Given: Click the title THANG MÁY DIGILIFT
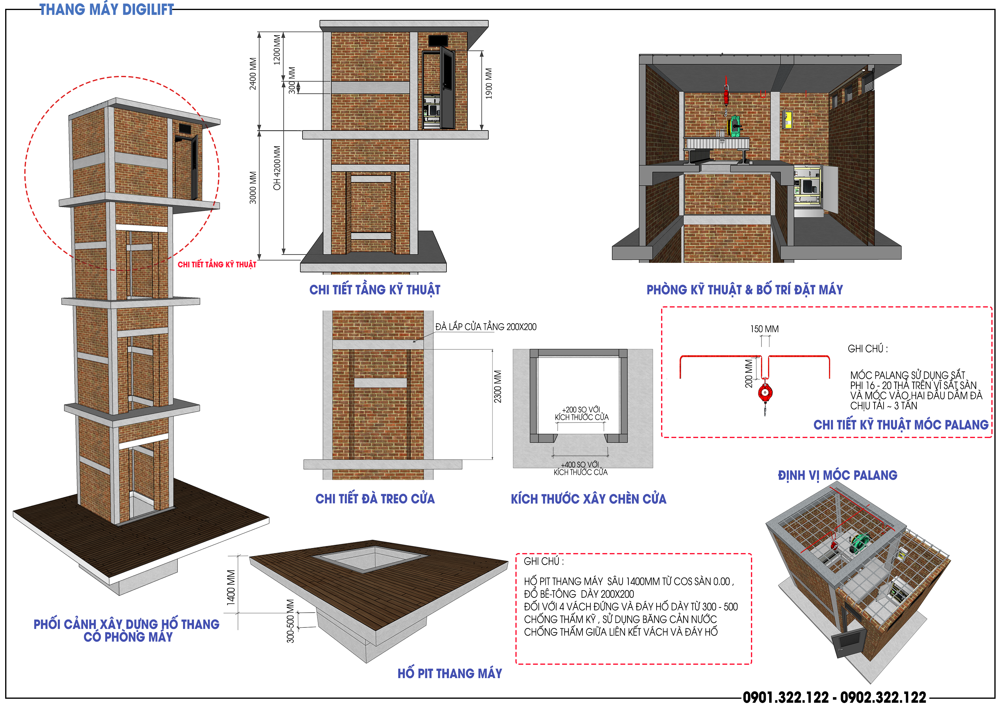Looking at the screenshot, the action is (107, 10).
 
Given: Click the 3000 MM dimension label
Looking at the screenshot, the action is (253, 187).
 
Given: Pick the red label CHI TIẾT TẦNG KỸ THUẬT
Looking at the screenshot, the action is (217, 264).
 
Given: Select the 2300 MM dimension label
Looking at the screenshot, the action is (498, 386).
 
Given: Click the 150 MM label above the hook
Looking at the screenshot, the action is (764, 329).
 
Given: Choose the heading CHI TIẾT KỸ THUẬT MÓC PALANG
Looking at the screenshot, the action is (901, 425).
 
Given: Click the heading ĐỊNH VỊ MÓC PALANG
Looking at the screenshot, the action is (837, 475).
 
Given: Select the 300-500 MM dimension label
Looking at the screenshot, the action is (290, 621).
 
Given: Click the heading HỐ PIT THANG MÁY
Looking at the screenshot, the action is (450, 673).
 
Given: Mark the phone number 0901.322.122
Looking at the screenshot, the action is (786, 697).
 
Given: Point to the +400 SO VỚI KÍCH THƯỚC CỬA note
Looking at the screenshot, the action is (580, 468).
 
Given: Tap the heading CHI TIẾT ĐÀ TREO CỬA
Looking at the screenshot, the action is (375, 498).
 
